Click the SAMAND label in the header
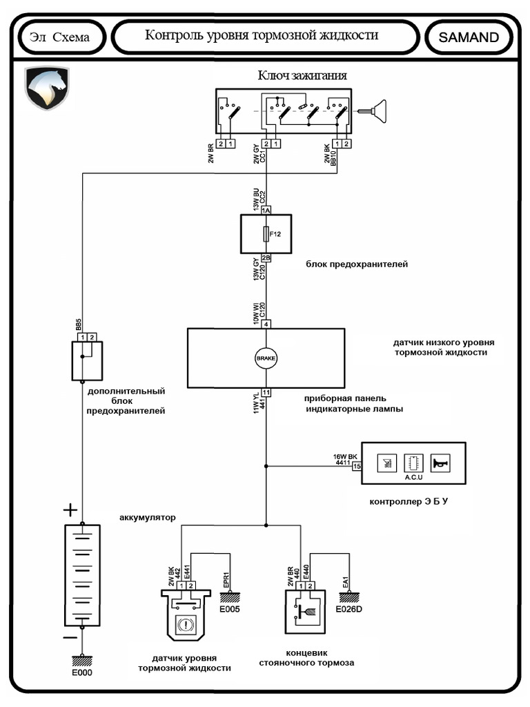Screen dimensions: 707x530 469,37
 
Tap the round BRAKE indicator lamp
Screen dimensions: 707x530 266,358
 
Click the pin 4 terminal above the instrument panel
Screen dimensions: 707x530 266,324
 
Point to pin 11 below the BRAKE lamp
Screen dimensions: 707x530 266,392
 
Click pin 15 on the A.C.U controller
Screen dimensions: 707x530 357,466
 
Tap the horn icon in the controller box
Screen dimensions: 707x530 439,463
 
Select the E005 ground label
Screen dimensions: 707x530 228,610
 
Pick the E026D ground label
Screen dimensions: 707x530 349,610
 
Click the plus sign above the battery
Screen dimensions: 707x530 70,511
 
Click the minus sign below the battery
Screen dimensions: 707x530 70,637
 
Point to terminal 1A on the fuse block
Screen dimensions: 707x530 266,209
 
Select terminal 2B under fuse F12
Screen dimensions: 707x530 266,258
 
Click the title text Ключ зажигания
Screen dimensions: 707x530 302,75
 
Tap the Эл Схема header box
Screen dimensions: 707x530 60,37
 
